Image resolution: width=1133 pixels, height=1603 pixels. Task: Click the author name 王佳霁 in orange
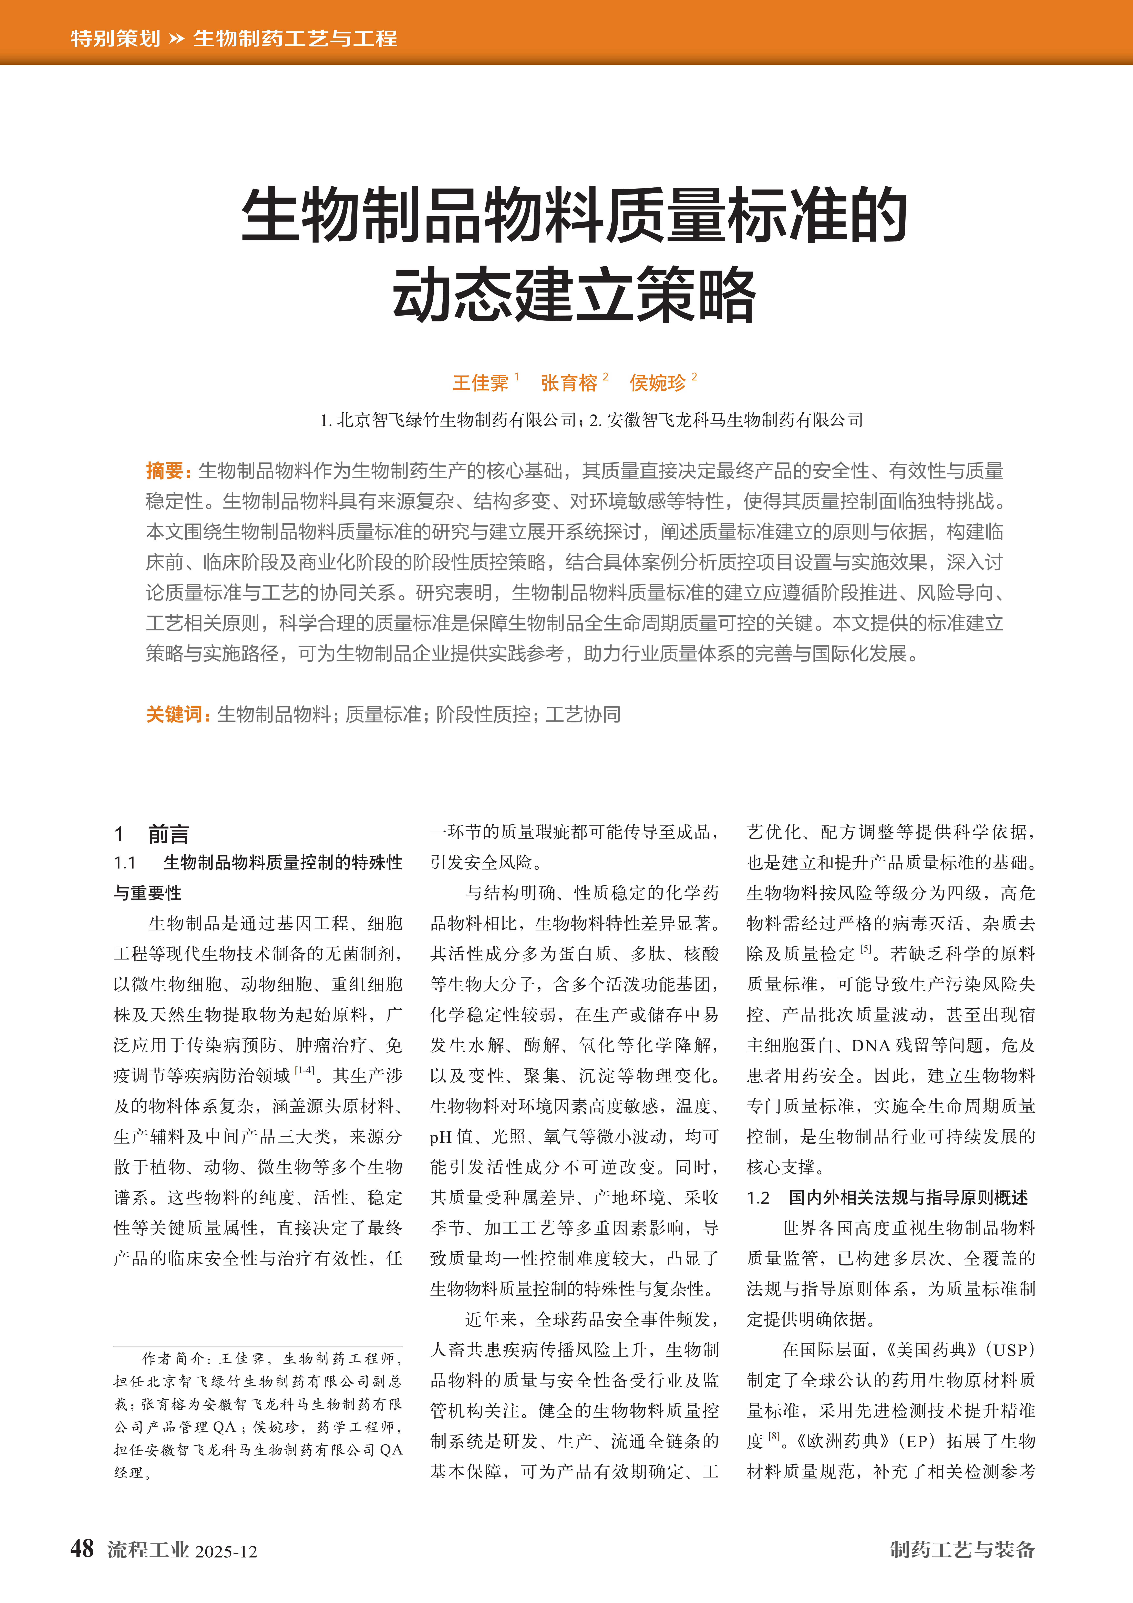click(x=480, y=383)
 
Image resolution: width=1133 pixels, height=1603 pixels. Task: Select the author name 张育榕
click(x=569, y=383)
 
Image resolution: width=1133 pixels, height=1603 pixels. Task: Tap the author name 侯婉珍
click(x=658, y=383)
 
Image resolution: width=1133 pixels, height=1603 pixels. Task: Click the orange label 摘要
click(x=165, y=471)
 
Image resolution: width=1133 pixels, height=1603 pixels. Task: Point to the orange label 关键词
click(x=175, y=714)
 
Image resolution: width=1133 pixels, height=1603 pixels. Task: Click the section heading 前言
click(x=168, y=834)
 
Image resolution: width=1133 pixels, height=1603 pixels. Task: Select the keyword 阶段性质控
click(x=483, y=714)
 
